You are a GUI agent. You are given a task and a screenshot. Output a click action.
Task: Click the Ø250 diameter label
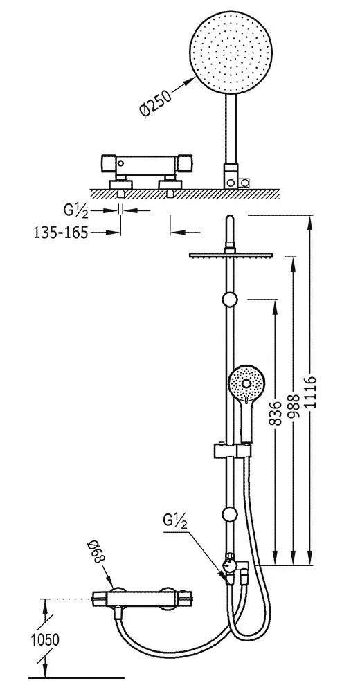(x=155, y=102)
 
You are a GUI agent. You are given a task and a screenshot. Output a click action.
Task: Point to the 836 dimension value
(x=275, y=413)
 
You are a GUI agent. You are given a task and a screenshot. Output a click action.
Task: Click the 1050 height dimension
(x=45, y=639)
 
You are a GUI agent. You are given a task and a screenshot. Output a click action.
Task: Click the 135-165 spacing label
(x=60, y=232)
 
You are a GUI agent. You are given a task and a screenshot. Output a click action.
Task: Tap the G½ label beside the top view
(x=76, y=210)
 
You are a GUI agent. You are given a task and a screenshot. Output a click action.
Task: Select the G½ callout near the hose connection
(x=177, y=521)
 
